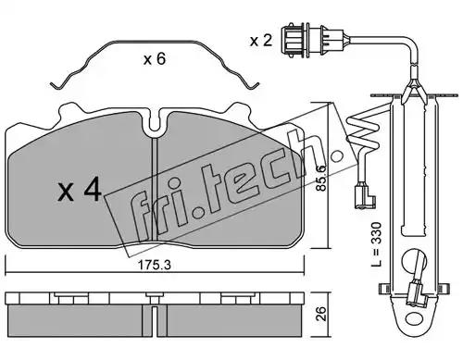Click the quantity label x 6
click(155, 58)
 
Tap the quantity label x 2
click(261, 41)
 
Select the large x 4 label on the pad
click(80, 190)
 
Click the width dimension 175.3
click(154, 266)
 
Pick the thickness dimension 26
click(321, 314)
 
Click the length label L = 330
click(376, 244)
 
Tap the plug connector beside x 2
click(312, 40)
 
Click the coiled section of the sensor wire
click(364, 131)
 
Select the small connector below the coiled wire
click(365, 195)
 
